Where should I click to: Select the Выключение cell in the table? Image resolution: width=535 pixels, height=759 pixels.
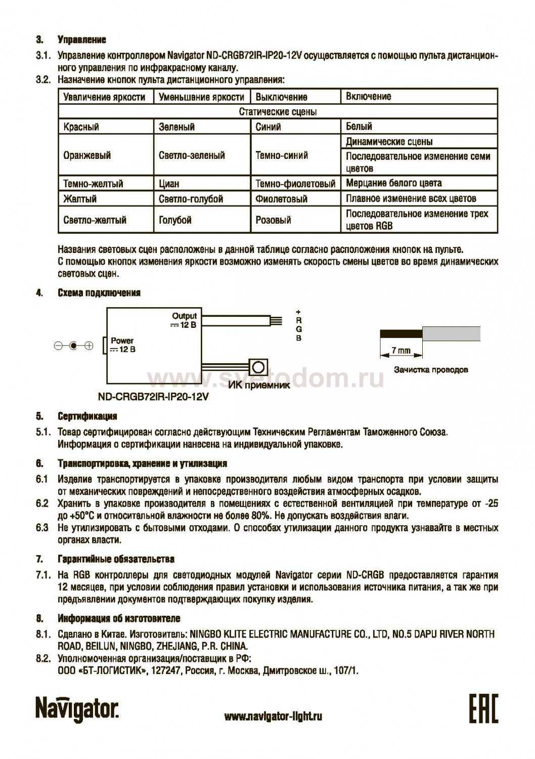point(281,97)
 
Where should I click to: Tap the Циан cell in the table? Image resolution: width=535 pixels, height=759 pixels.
point(169,183)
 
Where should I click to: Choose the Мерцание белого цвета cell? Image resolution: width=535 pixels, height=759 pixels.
point(393,183)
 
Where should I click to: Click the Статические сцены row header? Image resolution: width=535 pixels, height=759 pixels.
point(278,111)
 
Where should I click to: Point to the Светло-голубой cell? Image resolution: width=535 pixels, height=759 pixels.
point(191,199)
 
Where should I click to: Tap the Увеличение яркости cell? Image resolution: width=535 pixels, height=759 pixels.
point(105,97)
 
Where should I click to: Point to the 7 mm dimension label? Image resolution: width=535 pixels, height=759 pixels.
point(400,350)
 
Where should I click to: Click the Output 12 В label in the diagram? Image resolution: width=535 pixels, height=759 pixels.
point(184,320)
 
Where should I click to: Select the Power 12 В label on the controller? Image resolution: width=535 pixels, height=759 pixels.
point(123,345)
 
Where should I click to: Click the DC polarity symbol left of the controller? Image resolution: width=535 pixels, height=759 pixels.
point(74,346)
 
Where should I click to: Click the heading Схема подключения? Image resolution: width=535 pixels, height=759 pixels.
point(99,293)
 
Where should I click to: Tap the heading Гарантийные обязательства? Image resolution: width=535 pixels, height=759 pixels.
point(116,559)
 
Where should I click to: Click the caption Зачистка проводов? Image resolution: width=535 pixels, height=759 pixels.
point(430,369)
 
